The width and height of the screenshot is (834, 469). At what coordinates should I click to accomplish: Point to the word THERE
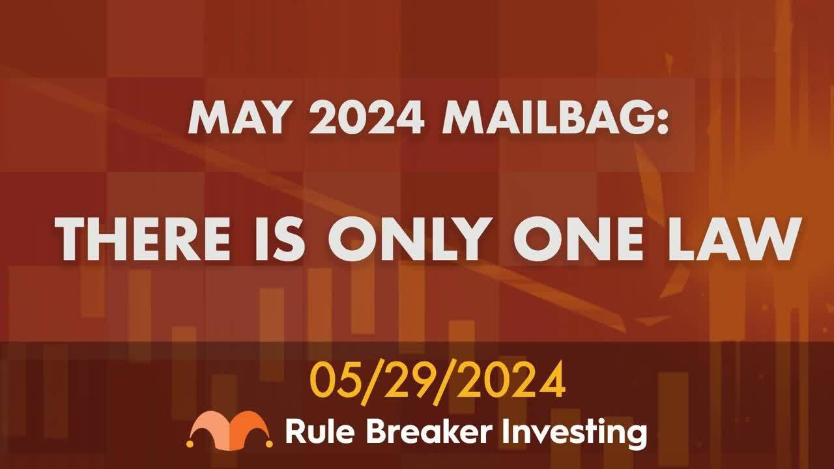[x=143, y=238]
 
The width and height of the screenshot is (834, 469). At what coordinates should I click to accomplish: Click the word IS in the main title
[x=280, y=238]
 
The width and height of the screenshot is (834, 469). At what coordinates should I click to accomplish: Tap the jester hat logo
[x=230, y=429]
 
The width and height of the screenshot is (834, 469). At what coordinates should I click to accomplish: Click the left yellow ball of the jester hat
[x=190, y=444]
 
